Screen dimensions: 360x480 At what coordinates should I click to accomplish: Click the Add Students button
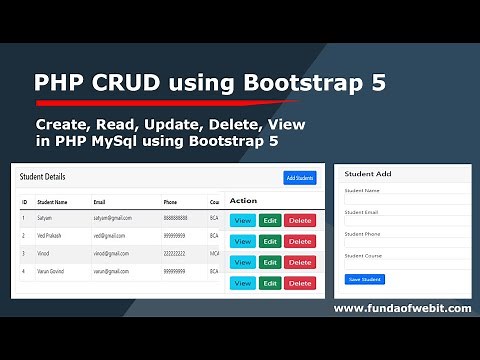pyautogui.click(x=299, y=178)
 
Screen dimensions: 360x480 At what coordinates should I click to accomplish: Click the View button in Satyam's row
pyautogui.click(x=242, y=220)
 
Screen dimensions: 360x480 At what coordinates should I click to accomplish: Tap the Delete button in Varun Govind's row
pyautogui.click(x=299, y=283)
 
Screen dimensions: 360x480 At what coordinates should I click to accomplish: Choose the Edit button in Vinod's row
pyautogui.click(x=270, y=262)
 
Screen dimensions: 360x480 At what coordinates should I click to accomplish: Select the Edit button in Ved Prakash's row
pyautogui.click(x=270, y=241)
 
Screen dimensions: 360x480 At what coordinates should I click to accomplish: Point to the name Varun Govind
pyautogui.click(x=55, y=271)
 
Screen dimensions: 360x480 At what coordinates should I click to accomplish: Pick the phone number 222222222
pyautogui.click(x=175, y=254)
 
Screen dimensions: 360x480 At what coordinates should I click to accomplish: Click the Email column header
pyautogui.click(x=100, y=201)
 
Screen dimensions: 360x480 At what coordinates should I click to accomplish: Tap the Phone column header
pyautogui.click(x=171, y=201)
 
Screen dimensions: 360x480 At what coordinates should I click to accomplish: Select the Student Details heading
pyautogui.click(x=42, y=177)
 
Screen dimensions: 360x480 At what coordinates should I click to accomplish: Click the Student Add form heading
pyautogui.click(x=369, y=173)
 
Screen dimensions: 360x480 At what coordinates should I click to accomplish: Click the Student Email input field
pyautogui.click(x=405, y=222)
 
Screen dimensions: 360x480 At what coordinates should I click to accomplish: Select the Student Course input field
pyautogui.click(x=405, y=266)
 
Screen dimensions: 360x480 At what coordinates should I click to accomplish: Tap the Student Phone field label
pyautogui.click(x=363, y=234)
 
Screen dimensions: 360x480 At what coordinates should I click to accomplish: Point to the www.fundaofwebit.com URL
pyautogui.click(x=402, y=308)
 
